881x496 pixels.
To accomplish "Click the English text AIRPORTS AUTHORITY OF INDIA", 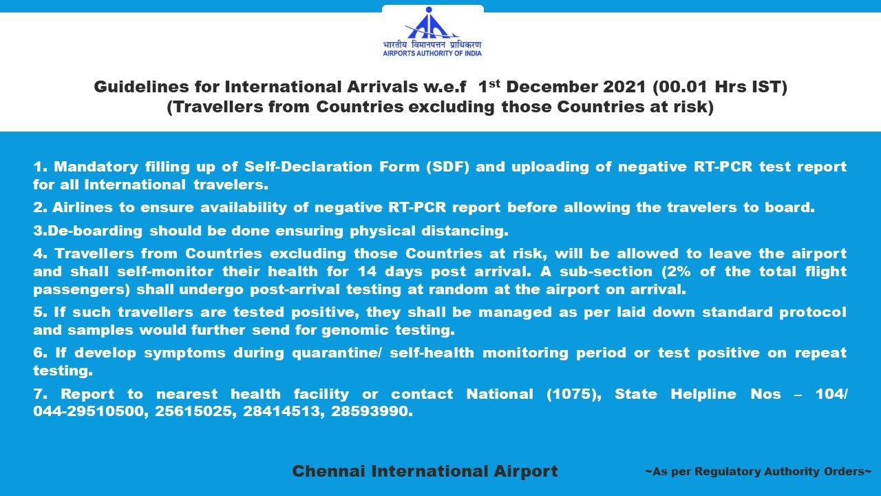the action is pyautogui.click(x=432, y=54).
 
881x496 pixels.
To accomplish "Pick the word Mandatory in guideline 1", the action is pyautogui.click(x=96, y=167).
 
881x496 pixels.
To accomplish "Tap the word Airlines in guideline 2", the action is pyautogui.click(x=82, y=207).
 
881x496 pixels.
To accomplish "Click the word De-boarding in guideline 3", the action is pyautogui.click(x=95, y=231).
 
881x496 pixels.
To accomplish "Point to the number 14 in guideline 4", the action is pyautogui.click(x=367, y=271).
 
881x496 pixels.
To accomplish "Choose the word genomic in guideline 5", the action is pyautogui.click(x=355, y=330).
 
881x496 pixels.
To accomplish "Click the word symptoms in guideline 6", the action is pyautogui.click(x=184, y=353).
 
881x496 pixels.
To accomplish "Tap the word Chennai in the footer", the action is pyautogui.click(x=328, y=471).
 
